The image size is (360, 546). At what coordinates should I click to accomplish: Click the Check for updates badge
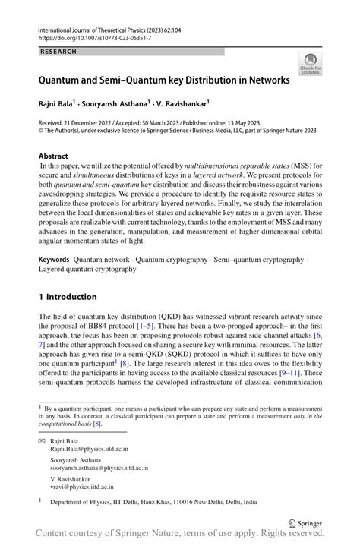[310, 65]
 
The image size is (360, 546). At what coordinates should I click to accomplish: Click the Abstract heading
[58, 155]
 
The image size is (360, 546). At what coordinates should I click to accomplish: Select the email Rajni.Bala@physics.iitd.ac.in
[90, 449]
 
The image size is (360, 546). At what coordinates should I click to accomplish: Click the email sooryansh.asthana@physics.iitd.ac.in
[99, 469]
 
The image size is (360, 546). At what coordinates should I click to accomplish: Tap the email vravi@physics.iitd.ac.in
[82, 489]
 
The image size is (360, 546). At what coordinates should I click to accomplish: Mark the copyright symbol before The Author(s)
[41, 131]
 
